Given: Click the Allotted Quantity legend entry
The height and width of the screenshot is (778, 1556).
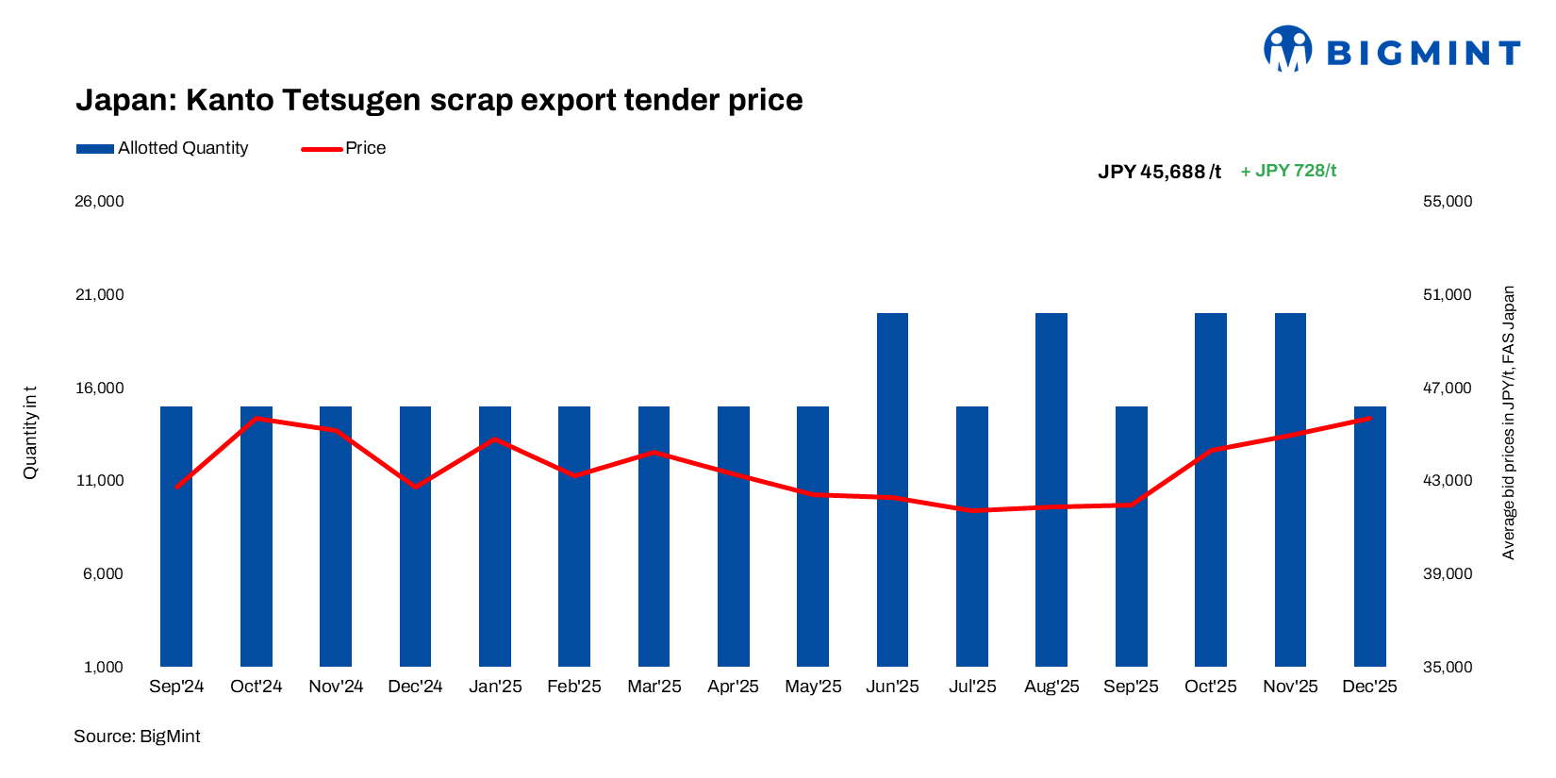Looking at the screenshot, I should pyautogui.click(x=162, y=148).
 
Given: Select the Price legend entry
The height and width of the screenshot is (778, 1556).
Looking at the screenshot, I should pyautogui.click(x=344, y=148).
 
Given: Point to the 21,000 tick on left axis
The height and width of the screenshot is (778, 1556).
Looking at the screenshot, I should pyautogui.click(x=99, y=295).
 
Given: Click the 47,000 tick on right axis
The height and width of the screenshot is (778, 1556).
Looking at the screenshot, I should pyautogui.click(x=1447, y=388).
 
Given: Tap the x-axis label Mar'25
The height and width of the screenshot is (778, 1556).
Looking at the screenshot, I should pyautogui.click(x=654, y=687).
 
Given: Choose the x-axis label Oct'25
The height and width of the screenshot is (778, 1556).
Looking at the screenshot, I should pyautogui.click(x=1210, y=687).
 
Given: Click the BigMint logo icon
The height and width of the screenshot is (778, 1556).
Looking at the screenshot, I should pyautogui.click(x=1287, y=49).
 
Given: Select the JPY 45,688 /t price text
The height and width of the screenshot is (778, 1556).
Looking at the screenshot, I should pyautogui.click(x=1159, y=172).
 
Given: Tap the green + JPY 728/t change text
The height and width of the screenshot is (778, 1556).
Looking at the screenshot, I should pyautogui.click(x=1288, y=171).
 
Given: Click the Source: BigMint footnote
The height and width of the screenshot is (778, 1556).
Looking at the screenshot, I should pyautogui.click(x=137, y=737).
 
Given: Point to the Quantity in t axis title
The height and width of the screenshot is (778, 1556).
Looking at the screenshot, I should pyautogui.click(x=30, y=432).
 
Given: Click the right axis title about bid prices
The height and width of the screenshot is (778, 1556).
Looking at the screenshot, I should pyautogui.click(x=1508, y=422).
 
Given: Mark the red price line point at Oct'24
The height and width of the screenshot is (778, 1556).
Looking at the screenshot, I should pyautogui.click(x=257, y=418).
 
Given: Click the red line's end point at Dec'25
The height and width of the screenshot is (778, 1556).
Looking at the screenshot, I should pyautogui.click(x=1369, y=418).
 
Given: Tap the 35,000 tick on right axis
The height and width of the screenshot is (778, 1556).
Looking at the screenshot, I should pyautogui.click(x=1447, y=667).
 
